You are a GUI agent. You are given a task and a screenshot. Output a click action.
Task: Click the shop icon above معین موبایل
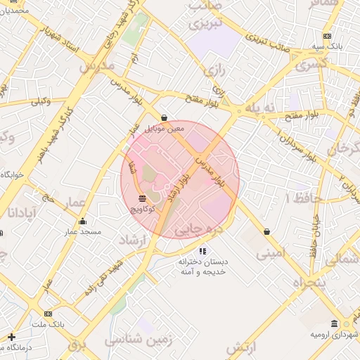pyautogui.click(x=165, y=118)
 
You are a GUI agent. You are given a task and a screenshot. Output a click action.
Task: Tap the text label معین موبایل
pyautogui.click(x=164, y=129)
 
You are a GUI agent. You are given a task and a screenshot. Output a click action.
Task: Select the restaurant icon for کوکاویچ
pyautogui.click(x=143, y=198)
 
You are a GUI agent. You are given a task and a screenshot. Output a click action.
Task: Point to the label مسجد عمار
pyautogui.click(x=83, y=231)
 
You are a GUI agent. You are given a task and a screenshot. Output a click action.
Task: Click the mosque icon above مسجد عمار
pyautogui.click(x=83, y=221)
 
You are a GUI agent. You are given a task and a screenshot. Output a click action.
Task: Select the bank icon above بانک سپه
pyautogui.click(x=327, y=36)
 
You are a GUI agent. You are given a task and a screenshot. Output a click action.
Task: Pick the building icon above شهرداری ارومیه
pyautogui.click(x=334, y=323)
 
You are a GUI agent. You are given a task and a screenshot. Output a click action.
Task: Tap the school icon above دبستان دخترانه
pyautogui.click(x=203, y=250)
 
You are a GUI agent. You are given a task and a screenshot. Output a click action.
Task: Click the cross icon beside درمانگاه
pyautogui.click(x=11, y=337)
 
